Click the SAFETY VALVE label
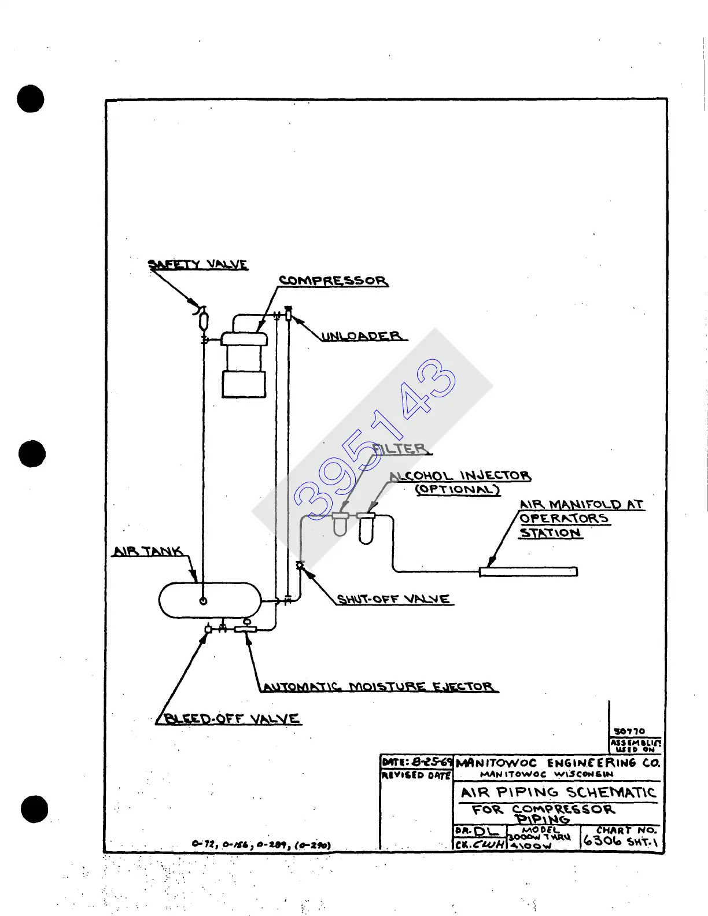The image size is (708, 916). pyautogui.click(x=198, y=265)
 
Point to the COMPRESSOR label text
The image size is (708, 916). pyautogui.click(x=333, y=281)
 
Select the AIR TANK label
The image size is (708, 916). pyautogui.click(x=148, y=551)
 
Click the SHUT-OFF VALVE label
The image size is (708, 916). pyautogui.click(x=394, y=599)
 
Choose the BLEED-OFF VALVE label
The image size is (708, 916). pyautogui.click(x=231, y=719)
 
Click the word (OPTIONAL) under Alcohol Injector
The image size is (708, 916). pyautogui.click(x=458, y=489)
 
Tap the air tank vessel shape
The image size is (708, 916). pyautogui.click(x=210, y=600)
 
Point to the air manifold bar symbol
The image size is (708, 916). pyautogui.click(x=528, y=572)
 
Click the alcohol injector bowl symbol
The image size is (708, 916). pyautogui.click(x=366, y=529)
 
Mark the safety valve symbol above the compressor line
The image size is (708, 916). pyautogui.click(x=203, y=320)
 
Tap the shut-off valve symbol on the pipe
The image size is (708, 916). pyautogui.click(x=300, y=565)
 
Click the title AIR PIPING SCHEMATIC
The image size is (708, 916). pyautogui.click(x=558, y=792)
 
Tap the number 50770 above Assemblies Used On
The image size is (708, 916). pyautogui.click(x=629, y=731)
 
